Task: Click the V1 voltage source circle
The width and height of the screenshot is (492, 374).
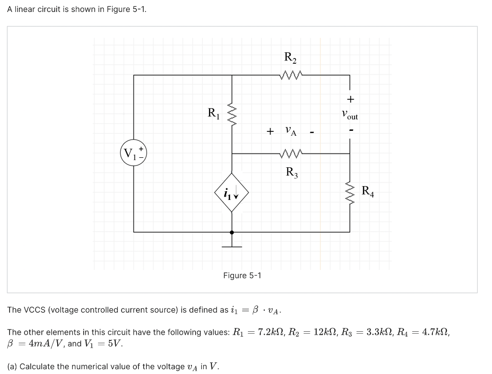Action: coord(133,153)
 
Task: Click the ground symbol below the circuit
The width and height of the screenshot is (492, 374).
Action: coord(232,246)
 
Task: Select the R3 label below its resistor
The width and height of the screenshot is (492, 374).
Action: coord(292,172)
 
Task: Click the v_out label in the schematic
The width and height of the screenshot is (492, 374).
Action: coord(350,116)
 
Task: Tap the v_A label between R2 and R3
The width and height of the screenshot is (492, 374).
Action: coord(291,130)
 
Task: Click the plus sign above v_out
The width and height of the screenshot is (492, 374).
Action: coord(350,99)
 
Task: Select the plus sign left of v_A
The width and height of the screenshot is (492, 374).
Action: coord(271,131)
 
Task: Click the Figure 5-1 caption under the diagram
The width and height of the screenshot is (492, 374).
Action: coord(242,275)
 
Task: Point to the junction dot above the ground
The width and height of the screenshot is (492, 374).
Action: coord(232,232)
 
